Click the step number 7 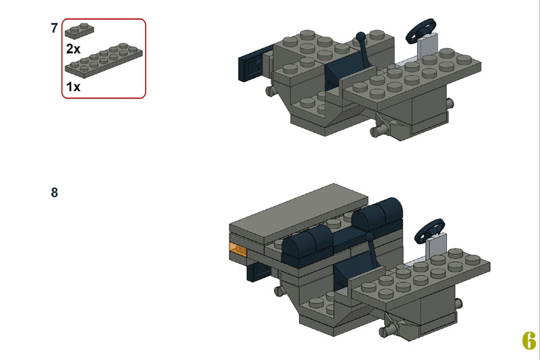tap(54, 28)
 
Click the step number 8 tap(55, 192)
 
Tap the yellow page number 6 tap(529, 340)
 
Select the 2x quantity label tap(73, 49)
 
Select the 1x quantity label tap(73, 87)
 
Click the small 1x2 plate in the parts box tap(79, 30)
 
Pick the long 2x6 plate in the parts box tap(104, 60)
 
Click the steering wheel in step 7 tap(421, 30)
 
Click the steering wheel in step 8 tap(429, 230)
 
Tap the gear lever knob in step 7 tap(360, 36)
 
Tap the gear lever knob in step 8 tap(369, 236)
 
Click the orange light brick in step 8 tap(238, 249)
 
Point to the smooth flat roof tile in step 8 tap(298, 213)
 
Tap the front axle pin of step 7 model tap(379, 130)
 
